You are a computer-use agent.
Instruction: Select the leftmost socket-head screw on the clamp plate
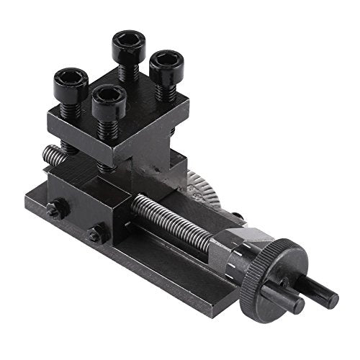[71, 84]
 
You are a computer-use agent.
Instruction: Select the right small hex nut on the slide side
[94, 235]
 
